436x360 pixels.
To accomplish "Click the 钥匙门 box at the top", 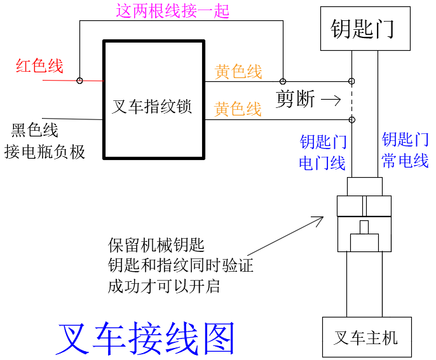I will coord(362,29).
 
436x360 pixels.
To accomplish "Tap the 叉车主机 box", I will coord(366,337).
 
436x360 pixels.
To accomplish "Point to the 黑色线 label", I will coord(35,130).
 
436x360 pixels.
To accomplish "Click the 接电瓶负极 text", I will coord(44,151).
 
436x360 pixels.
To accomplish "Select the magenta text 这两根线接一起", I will coord(172,11).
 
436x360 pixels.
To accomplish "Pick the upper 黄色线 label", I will coord(238,72).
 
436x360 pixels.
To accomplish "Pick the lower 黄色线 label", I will coord(238,109).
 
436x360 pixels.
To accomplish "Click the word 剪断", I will coord(294,99).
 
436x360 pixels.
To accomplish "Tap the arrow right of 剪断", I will coord(330,100).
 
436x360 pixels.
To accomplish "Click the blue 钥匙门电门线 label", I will coord(322,152).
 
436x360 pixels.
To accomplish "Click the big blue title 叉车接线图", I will coord(146,338).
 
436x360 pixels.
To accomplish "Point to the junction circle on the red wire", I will coord(79,81).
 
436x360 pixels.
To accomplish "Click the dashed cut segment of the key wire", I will coord(351,100).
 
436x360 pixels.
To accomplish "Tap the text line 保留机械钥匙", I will coord(156,245).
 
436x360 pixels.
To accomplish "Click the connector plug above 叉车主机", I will coord(365,216).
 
